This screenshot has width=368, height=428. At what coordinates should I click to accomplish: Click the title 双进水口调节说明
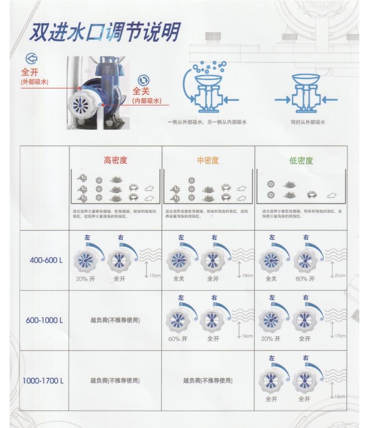click(x=104, y=32)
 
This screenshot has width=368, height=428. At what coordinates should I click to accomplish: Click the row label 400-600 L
click(x=46, y=260)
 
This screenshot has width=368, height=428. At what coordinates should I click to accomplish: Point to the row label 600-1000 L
click(x=45, y=320)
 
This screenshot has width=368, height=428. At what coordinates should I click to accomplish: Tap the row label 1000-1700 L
click(x=43, y=381)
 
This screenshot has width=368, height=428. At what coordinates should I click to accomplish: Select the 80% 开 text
click(x=305, y=279)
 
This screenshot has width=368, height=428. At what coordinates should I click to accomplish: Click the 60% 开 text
click(x=178, y=339)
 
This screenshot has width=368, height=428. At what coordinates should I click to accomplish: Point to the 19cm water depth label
click(x=247, y=276)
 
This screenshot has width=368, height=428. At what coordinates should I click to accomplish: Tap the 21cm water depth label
click(x=340, y=276)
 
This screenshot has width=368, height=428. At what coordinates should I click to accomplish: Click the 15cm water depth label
click(x=340, y=397)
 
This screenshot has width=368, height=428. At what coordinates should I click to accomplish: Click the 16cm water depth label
click(x=247, y=336)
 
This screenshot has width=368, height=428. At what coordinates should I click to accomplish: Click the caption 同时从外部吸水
click(x=308, y=122)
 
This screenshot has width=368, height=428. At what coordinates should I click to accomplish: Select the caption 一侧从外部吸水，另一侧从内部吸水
click(x=207, y=122)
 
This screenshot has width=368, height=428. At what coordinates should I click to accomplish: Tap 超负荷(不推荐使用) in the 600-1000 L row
click(x=115, y=320)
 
